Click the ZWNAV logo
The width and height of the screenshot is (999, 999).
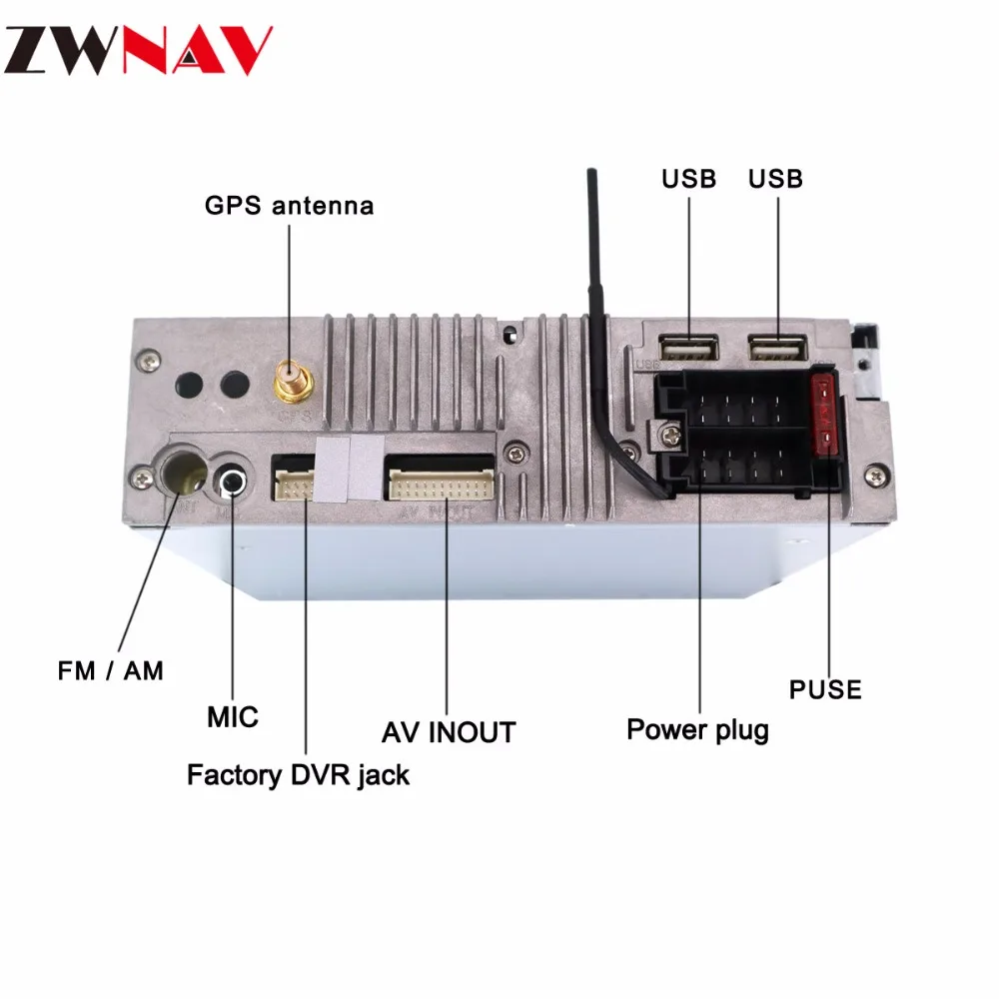(x=138, y=50)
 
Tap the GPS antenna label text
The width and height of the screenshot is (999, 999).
(x=290, y=206)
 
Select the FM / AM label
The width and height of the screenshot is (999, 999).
(x=110, y=671)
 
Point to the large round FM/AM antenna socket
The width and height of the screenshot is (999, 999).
(x=184, y=473)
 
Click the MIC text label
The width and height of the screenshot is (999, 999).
(x=233, y=717)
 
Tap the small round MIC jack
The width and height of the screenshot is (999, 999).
(x=232, y=482)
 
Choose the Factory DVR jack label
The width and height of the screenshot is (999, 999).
(x=298, y=775)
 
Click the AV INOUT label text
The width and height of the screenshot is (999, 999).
(x=449, y=732)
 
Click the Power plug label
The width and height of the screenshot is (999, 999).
(x=697, y=730)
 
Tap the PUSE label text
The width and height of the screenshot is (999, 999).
(x=825, y=689)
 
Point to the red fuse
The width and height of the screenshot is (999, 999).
(x=824, y=415)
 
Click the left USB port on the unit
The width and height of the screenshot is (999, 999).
(x=688, y=349)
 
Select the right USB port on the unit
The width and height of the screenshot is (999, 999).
(x=777, y=349)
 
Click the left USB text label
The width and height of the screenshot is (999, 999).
(x=688, y=179)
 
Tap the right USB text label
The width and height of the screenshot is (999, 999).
(x=775, y=179)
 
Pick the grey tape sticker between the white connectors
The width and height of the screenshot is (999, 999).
(x=350, y=469)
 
